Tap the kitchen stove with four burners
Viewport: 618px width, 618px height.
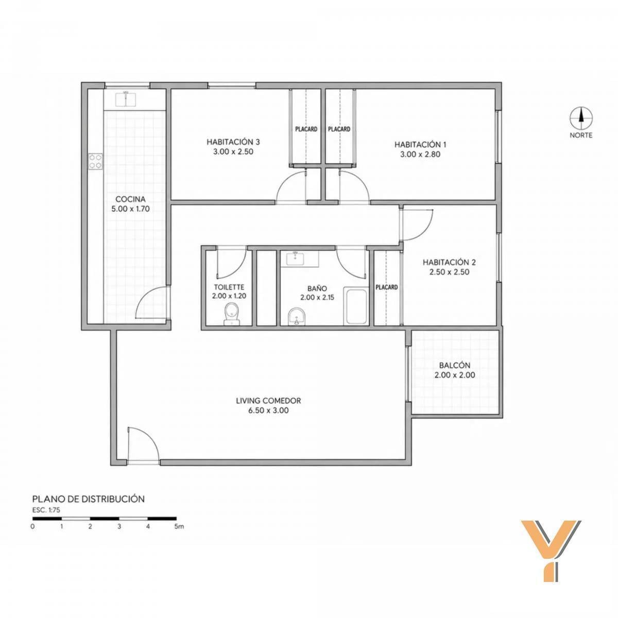(96, 161)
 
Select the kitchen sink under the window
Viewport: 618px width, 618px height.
(126, 99)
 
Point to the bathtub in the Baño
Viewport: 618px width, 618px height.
(356, 306)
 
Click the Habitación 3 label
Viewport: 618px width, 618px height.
(233, 142)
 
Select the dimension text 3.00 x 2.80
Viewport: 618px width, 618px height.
(420, 154)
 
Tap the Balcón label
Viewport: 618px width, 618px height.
(455, 365)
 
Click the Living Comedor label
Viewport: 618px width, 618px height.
(268, 401)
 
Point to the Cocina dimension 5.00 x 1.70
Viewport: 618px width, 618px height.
(130, 209)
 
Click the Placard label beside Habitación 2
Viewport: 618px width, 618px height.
(387, 287)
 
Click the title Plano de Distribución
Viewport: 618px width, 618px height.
(89, 499)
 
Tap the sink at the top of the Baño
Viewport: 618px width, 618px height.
(300, 259)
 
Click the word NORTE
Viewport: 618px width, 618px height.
(581, 135)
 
